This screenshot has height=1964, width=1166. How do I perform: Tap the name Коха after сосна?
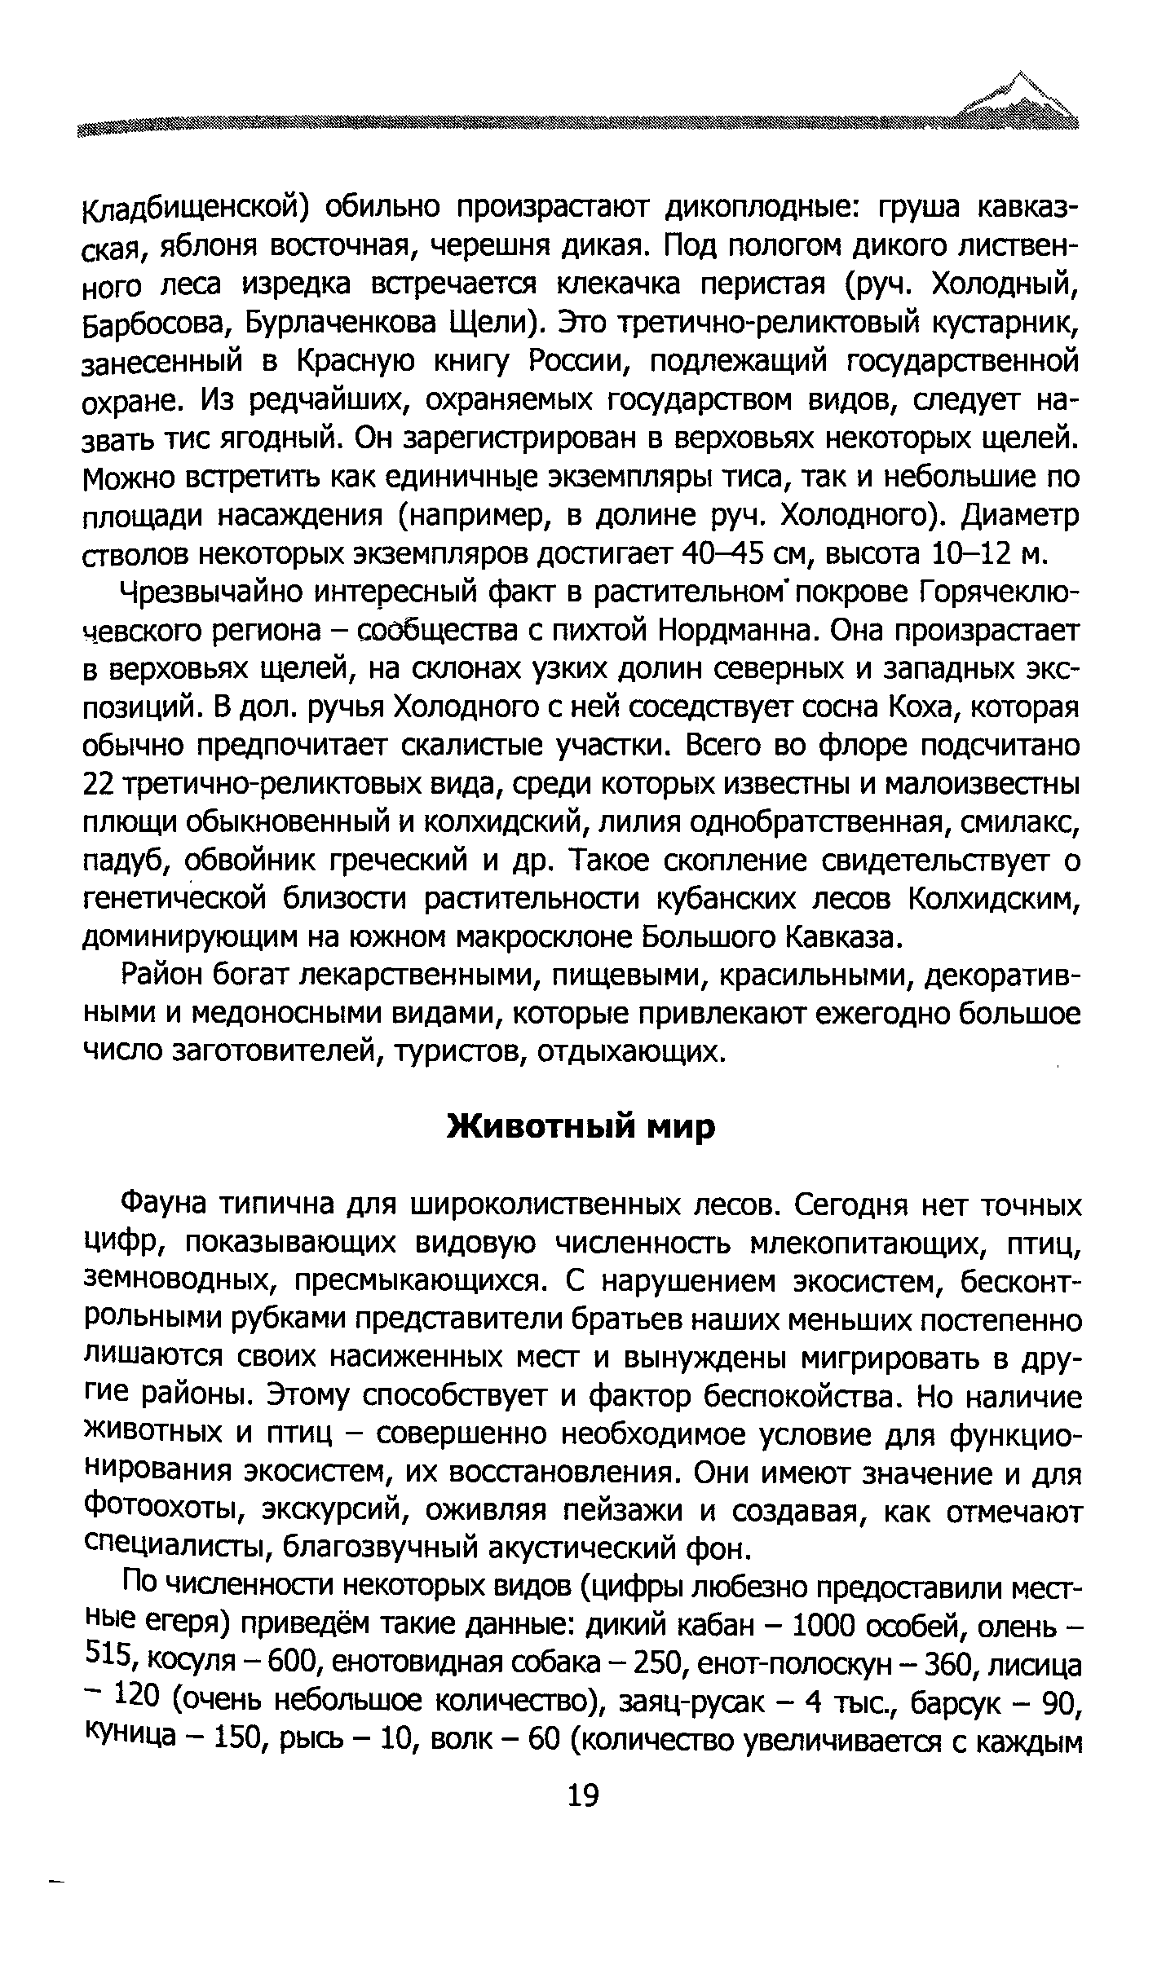[x=912, y=707]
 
